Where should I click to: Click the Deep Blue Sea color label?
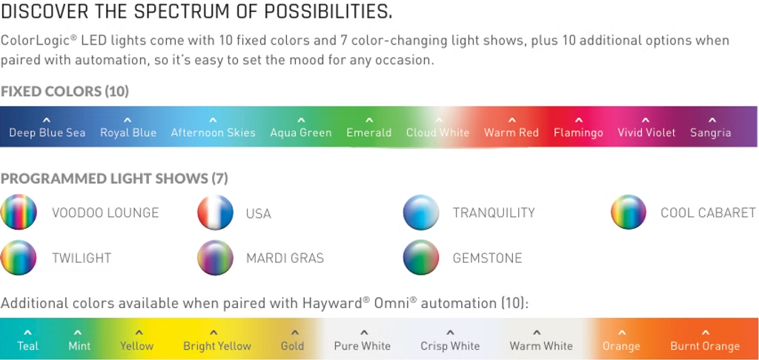click(47, 133)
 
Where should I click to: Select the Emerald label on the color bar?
click(368, 133)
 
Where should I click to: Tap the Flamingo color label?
click(578, 133)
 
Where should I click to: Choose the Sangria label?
click(710, 133)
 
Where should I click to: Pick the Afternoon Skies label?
click(213, 133)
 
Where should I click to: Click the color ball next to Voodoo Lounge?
click(19, 213)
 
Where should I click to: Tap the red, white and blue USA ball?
click(215, 213)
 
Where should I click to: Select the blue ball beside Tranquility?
click(421, 213)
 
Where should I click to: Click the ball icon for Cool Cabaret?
click(629, 213)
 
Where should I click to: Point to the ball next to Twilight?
click(19, 258)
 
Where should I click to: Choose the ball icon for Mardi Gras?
click(215, 258)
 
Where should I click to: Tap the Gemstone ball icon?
click(421, 258)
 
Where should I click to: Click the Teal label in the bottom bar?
click(28, 346)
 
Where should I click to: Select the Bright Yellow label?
click(217, 346)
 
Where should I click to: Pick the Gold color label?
click(293, 346)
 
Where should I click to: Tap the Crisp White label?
click(450, 346)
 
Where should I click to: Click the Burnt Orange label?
click(705, 346)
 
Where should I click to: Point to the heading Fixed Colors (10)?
click(64, 91)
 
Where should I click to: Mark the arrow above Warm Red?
click(511, 120)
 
